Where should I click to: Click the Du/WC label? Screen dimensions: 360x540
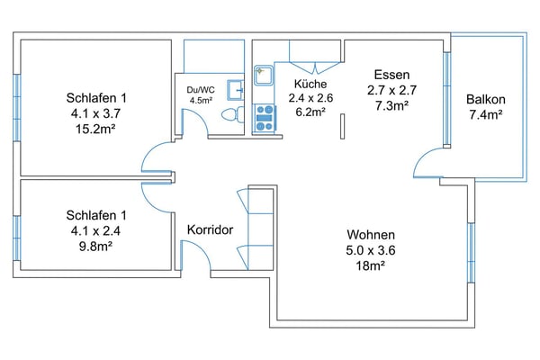200,90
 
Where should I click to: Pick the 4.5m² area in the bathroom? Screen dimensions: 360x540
200,101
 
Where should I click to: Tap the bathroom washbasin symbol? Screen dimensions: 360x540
236,89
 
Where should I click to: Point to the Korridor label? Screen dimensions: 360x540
210,230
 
